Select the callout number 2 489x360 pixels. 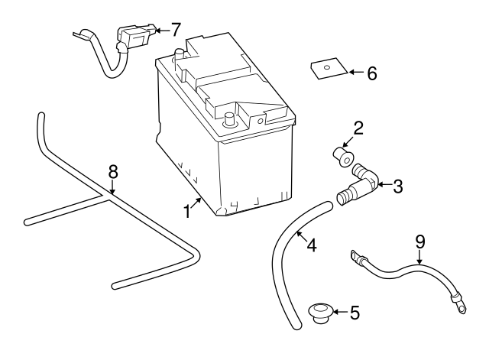pyautogui.click(x=358, y=128)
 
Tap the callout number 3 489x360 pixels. pyautogui.click(x=397, y=185)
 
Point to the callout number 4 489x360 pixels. pyautogui.click(x=312, y=245)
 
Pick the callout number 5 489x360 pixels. pyautogui.click(x=353, y=312)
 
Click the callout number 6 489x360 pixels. pyautogui.click(x=371, y=73)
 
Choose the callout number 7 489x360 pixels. pyautogui.click(x=176, y=30)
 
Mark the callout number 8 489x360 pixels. pyautogui.click(x=112, y=170)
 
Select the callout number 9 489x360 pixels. pyautogui.click(x=419, y=241)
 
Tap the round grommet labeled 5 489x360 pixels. pyautogui.click(x=320, y=313)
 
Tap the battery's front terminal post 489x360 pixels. pyautogui.click(x=228, y=119)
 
